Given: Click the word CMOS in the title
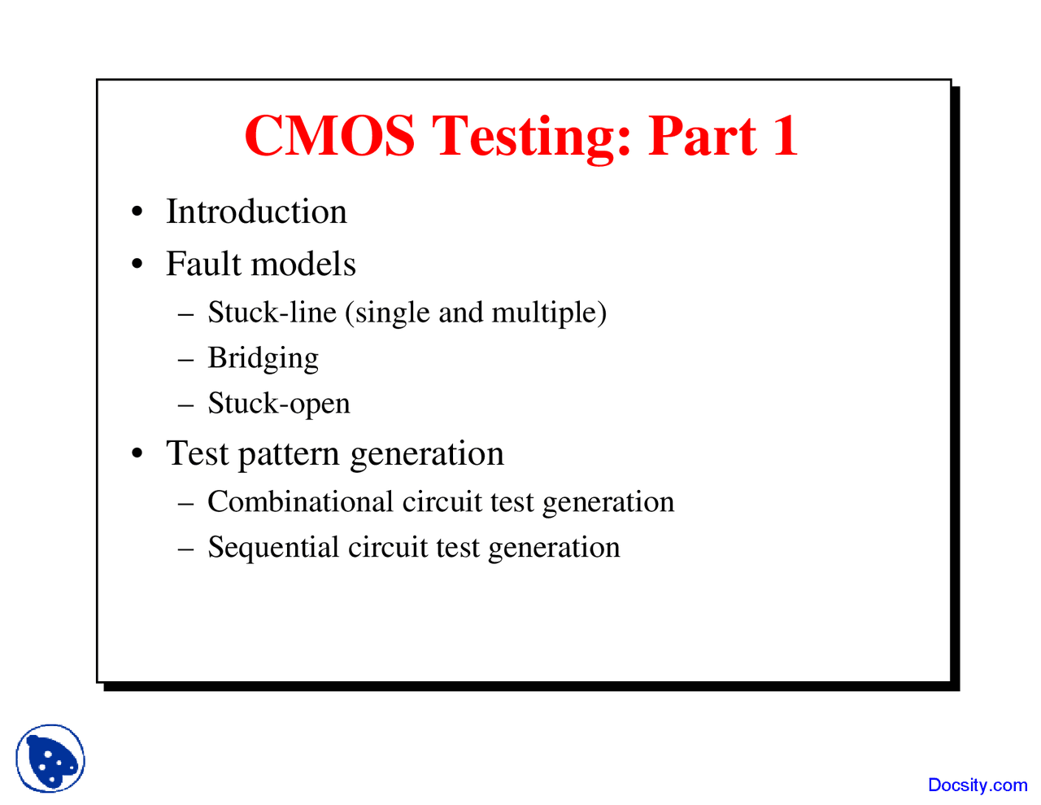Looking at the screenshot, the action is pos(329,135).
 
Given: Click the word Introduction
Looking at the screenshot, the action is pos(256,211).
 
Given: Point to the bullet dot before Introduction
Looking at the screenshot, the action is pos(137,212).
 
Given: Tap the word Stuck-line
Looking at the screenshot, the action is pos(272,312).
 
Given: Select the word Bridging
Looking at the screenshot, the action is pos(263,359).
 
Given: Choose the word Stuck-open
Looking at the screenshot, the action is pos(279,405).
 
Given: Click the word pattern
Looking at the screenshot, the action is pos(289,454).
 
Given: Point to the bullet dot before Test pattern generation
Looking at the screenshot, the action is pos(137,453).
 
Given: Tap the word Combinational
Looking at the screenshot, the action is pos(300,501).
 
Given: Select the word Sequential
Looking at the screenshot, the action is pos(273,549).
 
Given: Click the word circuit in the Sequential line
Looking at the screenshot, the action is pos(388,547).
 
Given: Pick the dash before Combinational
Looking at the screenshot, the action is pos(185,505).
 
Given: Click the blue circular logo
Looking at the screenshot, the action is pos(50,759).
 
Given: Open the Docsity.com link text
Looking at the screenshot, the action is pos(978,785).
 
